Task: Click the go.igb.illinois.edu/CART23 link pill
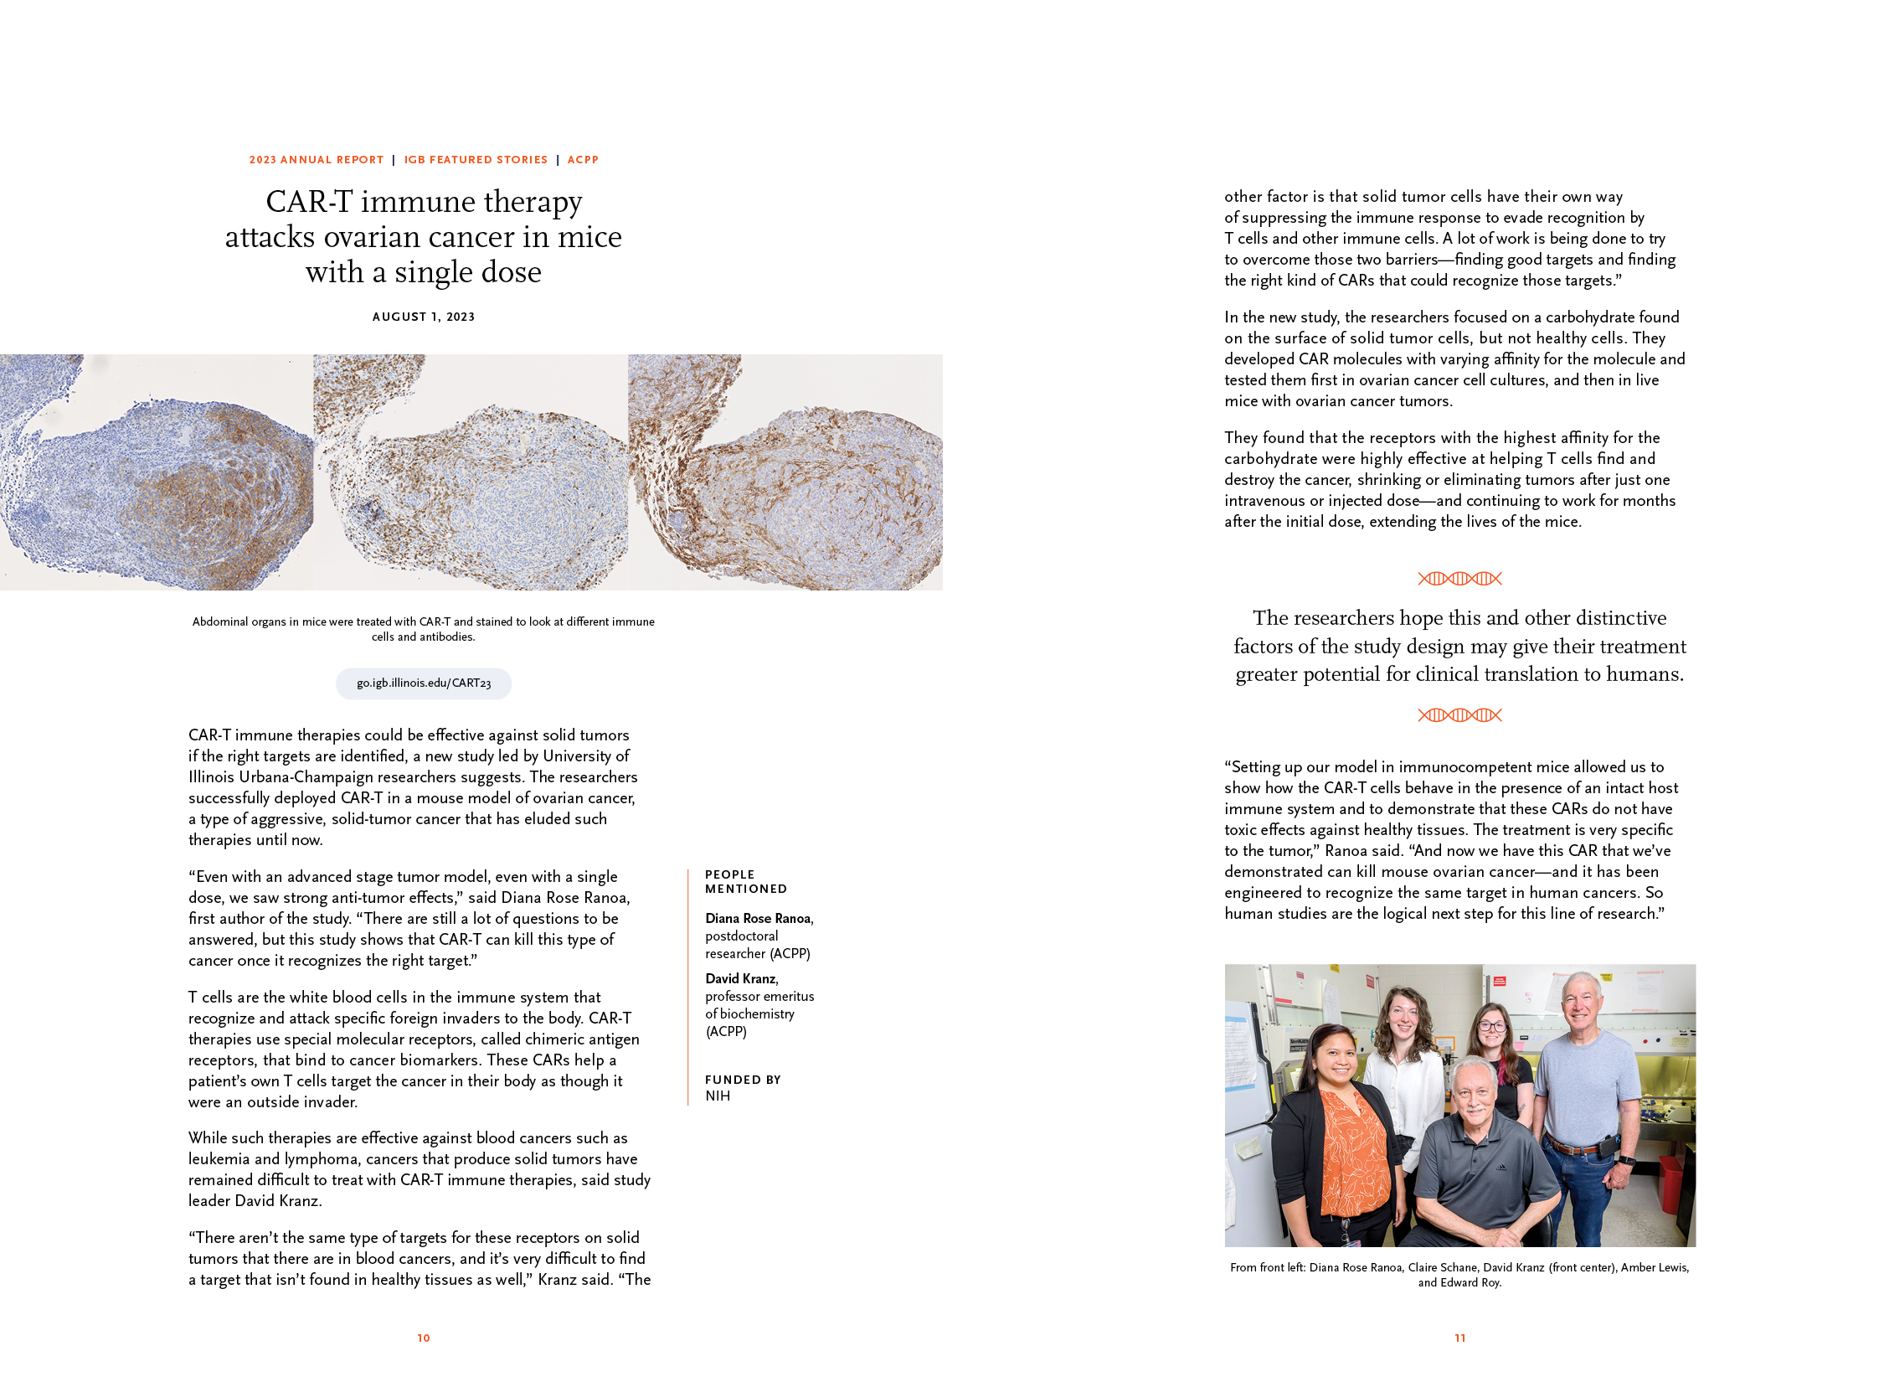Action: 424,683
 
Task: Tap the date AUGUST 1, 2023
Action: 424,317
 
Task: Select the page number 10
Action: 424,1338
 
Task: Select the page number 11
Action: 1459,1338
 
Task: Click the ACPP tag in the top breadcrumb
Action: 583,160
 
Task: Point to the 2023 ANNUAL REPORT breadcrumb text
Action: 316,160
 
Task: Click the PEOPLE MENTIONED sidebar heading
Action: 745,881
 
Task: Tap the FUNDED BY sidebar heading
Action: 743,1080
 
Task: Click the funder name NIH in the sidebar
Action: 718,1096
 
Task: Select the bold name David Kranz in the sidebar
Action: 741,978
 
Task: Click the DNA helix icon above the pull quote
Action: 1459,579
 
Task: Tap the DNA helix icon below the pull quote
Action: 1459,715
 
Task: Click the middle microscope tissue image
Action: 471,472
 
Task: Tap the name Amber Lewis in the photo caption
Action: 1654,1267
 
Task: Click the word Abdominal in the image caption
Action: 220,621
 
